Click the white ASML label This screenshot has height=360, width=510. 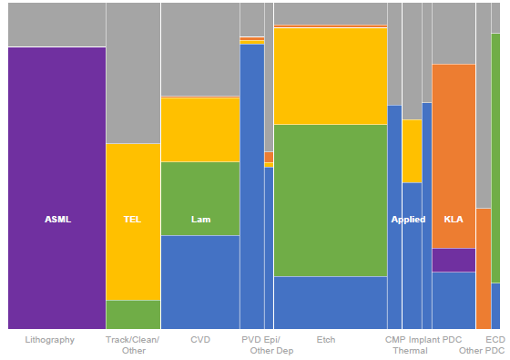click(57, 220)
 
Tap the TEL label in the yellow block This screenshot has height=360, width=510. click(133, 220)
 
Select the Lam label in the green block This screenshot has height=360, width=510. click(200, 220)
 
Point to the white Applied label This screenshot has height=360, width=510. click(408, 220)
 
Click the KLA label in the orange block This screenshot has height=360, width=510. click(453, 220)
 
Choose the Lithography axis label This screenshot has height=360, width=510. click(50, 340)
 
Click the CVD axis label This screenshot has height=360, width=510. click(200, 340)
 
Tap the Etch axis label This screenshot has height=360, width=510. click(325, 340)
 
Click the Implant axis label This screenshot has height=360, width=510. click(423, 340)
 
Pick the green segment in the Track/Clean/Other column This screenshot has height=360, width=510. click(133, 314)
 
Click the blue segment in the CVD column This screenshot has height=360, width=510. click(200, 282)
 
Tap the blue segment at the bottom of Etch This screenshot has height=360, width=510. click(330, 303)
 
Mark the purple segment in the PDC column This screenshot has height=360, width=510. click(453, 260)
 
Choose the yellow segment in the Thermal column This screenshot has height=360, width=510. click(412, 150)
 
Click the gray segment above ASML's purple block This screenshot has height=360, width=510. click(56, 25)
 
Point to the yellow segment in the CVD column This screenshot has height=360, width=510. click(200, 129)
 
